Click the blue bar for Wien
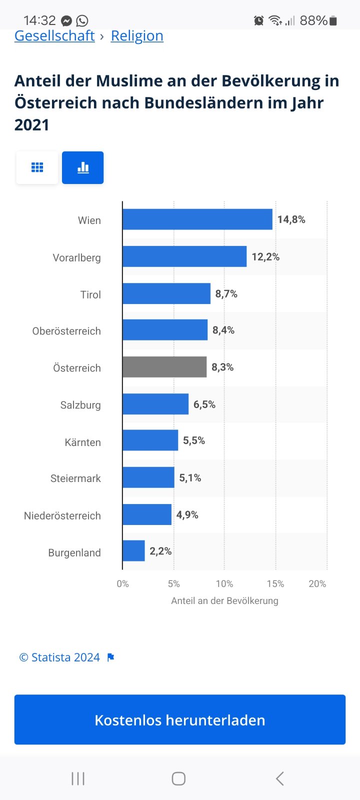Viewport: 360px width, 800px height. pyautogui.click(x=197, y=219)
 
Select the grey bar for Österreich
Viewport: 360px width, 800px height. pyautogui.click(x=164, y=367)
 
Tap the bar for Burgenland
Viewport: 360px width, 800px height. pyautogui.click(x=133, y=551)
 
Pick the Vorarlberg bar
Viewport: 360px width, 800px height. pyautogui.click(x=184, y=256)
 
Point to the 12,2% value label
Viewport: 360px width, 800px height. pyautogui.click(x=265, y=257)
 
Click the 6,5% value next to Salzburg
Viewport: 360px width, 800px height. pyautogui.click(x=204, y=404)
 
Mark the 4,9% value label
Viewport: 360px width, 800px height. pyautogui.click(x=187, y=515)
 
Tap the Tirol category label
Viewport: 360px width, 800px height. pyautogui.click(x=90, y=294)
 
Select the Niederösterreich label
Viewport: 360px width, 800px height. pyautogui.click(x=62, y=515)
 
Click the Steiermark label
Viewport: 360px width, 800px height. pyautogui.click(x=75, y=478)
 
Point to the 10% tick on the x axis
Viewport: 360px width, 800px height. pyautogui.click(x=224, y=584)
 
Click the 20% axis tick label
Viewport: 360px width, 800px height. pyautogui.click(x=317, y=584)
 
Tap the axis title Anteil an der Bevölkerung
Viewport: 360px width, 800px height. pyautogui.click(x=224, y=601)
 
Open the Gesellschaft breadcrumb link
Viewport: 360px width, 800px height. pyautogui.click(x=54, y=36)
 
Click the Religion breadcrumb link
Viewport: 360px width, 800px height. pyautogui.click(x=137, y=36)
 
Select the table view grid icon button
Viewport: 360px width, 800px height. pyautogui.click(x=37, y=167)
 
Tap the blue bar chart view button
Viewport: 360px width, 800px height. pyautogui.click(x=83, y=167)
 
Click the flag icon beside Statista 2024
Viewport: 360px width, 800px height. pyautogui.click(x=111, y=657)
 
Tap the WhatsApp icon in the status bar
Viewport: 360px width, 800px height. pyautogui.click(x=82, y=20)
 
